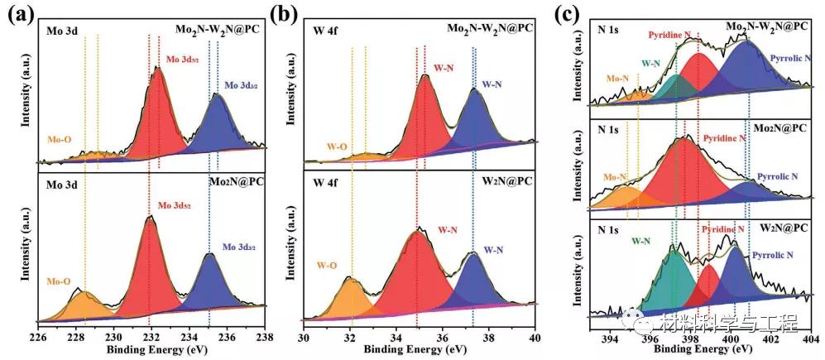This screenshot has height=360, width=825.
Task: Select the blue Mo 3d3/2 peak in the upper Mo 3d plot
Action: (x=217, y=124)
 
